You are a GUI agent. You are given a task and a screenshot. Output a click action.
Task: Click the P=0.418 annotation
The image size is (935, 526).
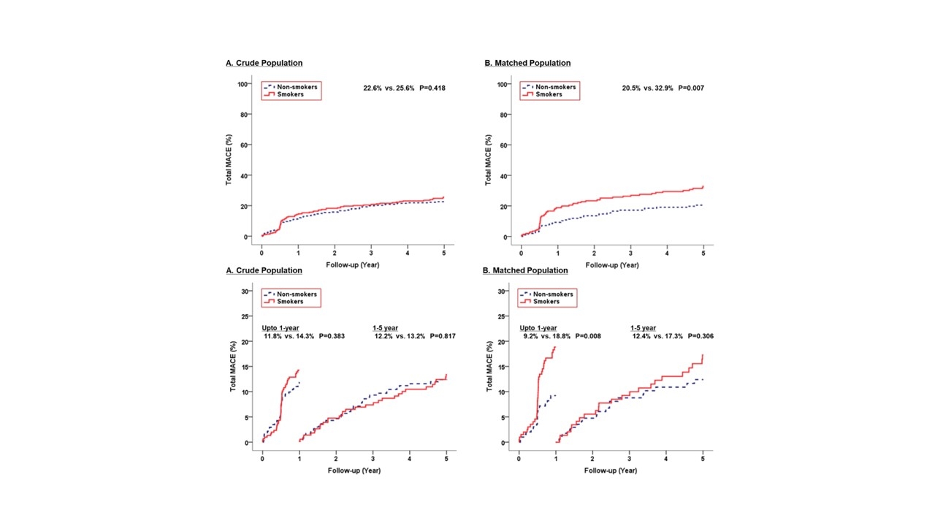pyautogui.click(x=432, y=88)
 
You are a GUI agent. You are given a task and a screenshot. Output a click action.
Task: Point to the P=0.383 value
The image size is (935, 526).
pyautogui.click(x=332, y=336)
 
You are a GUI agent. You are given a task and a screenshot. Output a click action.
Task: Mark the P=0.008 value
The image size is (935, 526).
pyautogui.click(x=587, y=336)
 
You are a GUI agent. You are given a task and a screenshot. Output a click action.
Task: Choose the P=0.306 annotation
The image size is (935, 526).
pyautogui.click(x=699, y=336)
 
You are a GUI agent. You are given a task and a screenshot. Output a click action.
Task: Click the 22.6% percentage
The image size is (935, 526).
pyautogui.click(x=374, y=88)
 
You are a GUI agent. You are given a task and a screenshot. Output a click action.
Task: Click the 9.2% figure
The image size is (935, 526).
pyautogui.click(x=530, y=336)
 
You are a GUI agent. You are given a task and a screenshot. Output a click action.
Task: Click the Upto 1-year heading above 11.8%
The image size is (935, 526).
pyautogui.click(x=281, y=328)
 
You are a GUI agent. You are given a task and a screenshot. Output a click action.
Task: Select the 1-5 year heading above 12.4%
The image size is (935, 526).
pyautogui.click(x=644, y=328)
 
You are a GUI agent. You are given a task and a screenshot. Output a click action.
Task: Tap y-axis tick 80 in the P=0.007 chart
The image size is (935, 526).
pyautogui.click(x=503, y=114)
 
